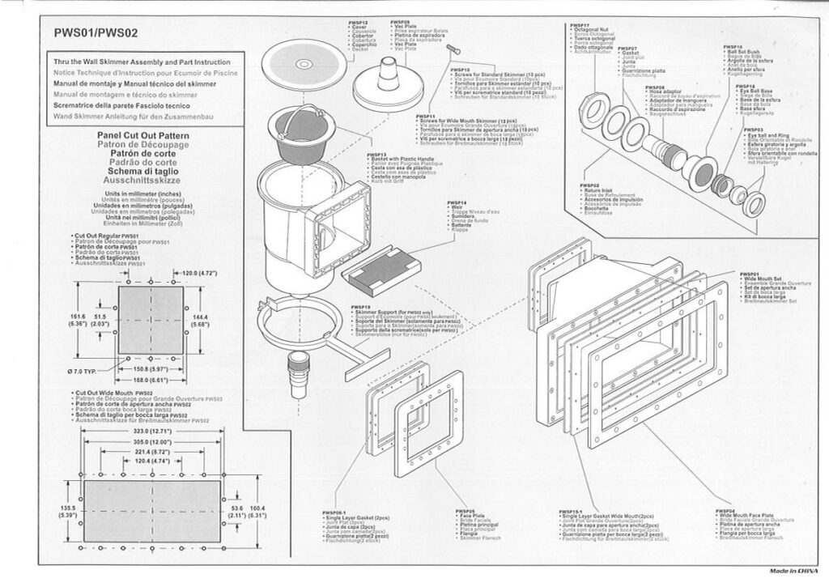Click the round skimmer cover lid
(304, 63)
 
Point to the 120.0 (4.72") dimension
(199, 273)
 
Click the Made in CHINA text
(793, 571)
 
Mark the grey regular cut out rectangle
(151, 317)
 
